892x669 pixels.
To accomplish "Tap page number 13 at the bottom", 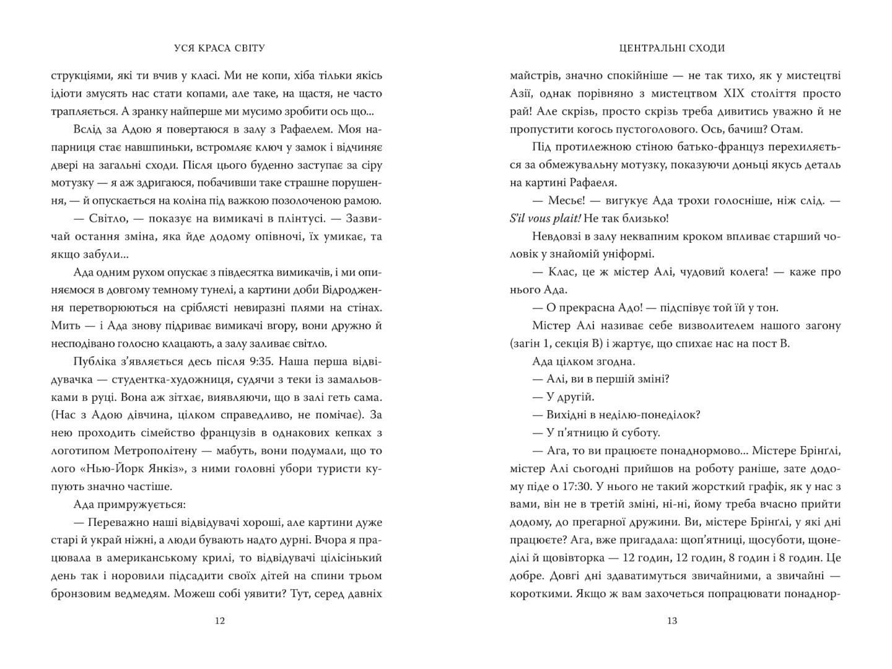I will [672, 621].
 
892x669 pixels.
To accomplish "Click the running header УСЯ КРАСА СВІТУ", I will [216, 48].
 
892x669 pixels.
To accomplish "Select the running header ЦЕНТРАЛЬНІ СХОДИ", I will [671, 48].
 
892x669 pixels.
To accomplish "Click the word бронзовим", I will [80, 593].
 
